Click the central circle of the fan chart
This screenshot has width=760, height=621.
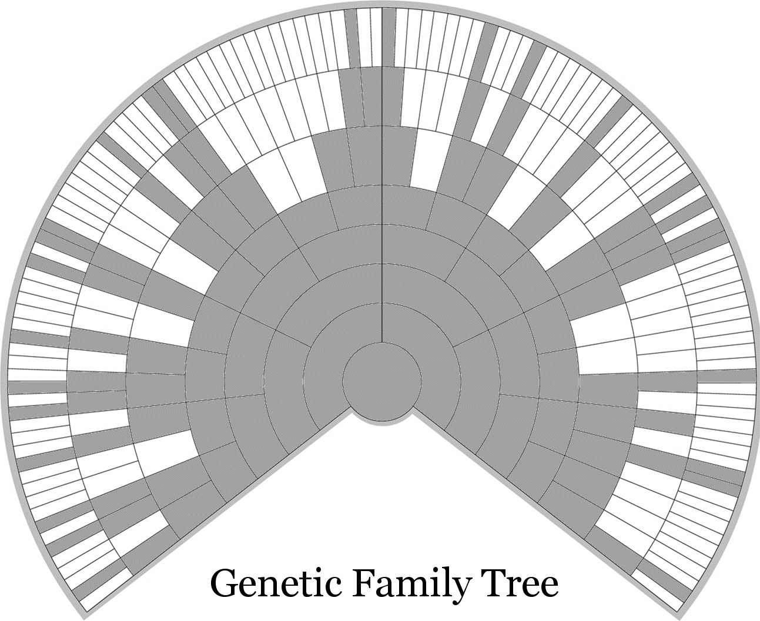coord(381,381)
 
